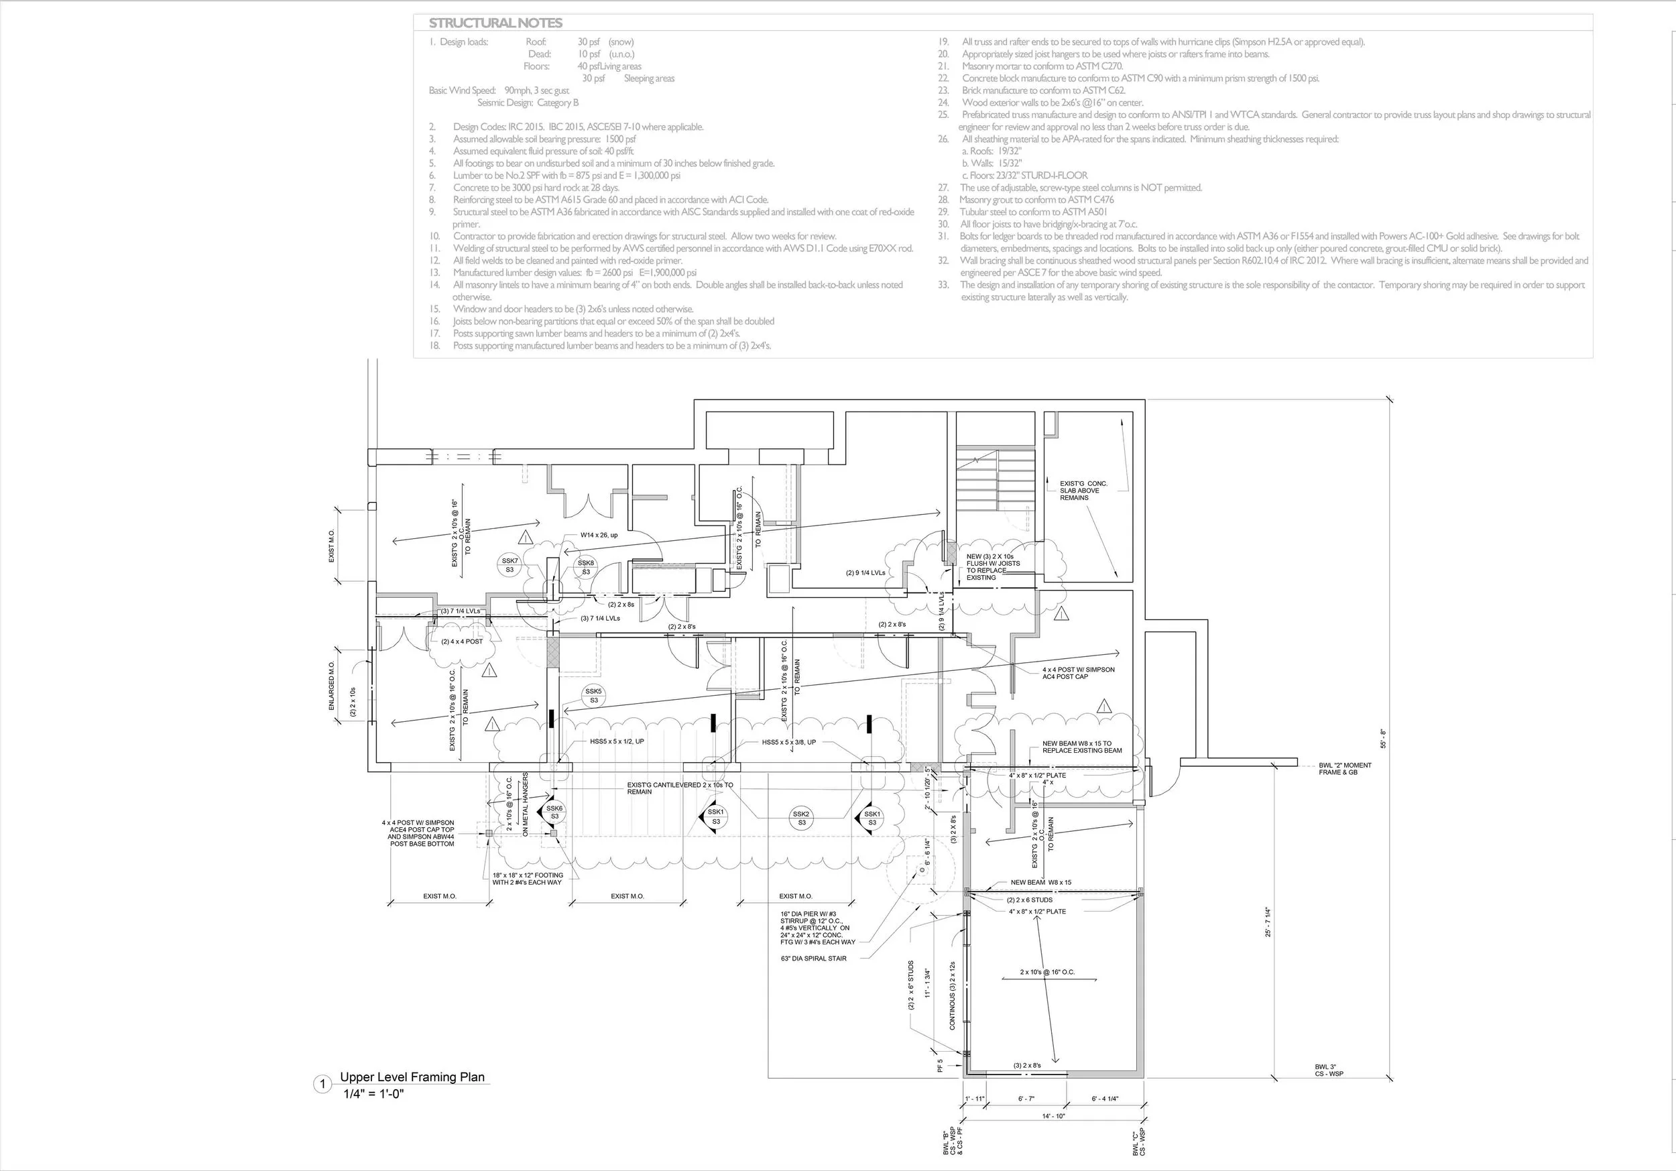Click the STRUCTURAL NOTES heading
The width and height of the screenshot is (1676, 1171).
(495, 23)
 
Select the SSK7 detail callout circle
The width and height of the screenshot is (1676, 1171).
(510, 565)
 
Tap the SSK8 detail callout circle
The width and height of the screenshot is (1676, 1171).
(585, 567)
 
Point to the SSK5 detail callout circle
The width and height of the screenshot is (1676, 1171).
(593, 696)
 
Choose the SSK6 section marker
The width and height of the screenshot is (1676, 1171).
(554, 812)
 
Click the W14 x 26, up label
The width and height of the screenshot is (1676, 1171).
(599, 535)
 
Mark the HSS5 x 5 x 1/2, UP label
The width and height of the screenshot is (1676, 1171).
(617, 742)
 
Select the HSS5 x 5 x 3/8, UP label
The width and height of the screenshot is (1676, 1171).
(788, 742)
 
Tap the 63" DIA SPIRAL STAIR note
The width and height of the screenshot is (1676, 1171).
(813, 959)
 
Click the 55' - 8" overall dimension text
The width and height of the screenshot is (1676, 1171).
(1382, 738)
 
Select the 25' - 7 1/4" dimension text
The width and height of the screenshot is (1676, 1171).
(1268, 922)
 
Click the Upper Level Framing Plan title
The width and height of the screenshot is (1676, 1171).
(412, 1076)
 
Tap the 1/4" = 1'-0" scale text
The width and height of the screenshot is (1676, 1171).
(373, 1094)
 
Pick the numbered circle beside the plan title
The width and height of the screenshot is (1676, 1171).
(322, 1084)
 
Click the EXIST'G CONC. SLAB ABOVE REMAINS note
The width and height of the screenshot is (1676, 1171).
(1083, 491)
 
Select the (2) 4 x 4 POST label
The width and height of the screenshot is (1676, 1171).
(462, 641)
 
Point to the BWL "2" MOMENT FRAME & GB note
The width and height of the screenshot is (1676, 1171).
(1345, 769)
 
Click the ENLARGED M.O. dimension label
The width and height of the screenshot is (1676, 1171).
(331, 686)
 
